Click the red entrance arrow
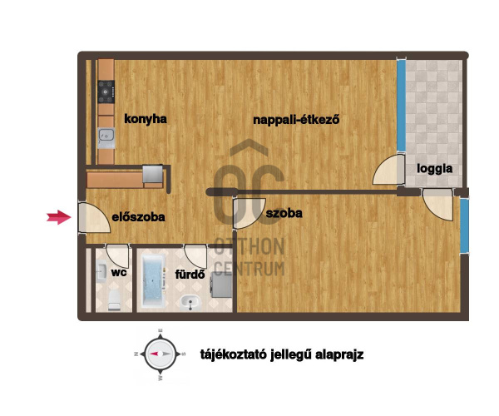pos(59,217)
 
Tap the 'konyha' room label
pos(146,119)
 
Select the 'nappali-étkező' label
pos(296,120)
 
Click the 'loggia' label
pos(435,169)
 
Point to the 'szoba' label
pos(284,213)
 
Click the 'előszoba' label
pos(138,217)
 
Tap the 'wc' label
pos(119,272)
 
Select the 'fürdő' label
pos(190,274)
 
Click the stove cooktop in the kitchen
pos(106,92)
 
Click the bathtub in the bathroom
pos(154,280)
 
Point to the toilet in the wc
pos(114,300)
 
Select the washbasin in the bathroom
pos(190,302)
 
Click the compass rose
pos(161,354)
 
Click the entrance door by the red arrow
pos(94,217)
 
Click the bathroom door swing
pos(195,256)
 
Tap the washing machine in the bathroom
pos(221,285)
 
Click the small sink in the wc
pos(101,271)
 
